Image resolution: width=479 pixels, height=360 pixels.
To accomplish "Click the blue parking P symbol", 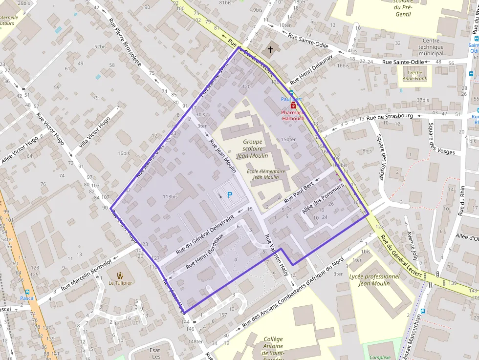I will [x=229, y=194].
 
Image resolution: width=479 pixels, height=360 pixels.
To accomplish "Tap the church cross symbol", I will [x=270, y=50].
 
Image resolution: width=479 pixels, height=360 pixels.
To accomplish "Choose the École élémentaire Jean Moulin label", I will [x=265, y=174].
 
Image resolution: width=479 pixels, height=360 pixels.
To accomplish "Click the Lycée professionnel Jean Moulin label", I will [x=374, y=280].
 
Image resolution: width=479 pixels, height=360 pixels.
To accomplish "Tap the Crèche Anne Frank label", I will [x=414, y=75].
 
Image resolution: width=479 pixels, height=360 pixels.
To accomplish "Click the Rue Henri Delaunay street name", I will [x=311, y=69].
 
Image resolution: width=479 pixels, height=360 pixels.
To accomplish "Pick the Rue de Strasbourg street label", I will [x=390, y=117].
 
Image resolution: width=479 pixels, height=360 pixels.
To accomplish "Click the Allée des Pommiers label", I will [x=323, y=199].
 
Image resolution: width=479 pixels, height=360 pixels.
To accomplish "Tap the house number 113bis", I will [x=170, y=197].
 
